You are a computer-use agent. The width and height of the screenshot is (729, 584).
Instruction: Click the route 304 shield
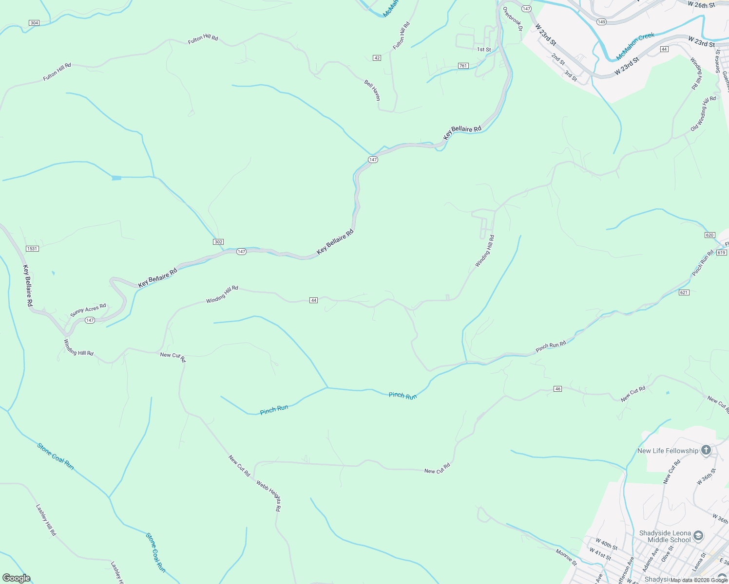pos(34,23)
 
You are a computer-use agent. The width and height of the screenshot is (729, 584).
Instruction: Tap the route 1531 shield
pos(32,249)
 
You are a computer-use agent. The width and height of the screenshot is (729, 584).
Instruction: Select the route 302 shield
pos(218,242)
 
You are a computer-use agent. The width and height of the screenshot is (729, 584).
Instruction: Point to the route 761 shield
pos(463,66)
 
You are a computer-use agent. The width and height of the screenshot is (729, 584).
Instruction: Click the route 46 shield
pos(558,389)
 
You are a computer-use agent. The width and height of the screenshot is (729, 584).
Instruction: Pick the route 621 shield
pos(684,292)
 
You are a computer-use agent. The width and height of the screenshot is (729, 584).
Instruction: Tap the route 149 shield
pos(601,22)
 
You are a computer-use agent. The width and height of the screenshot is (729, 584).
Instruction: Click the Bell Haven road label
pos(372,90)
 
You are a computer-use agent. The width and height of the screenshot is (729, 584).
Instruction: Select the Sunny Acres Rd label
pos(88,310)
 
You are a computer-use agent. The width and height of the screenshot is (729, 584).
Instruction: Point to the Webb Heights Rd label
pos(269,496)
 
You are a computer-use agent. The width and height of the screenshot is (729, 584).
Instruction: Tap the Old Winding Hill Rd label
pos(703,114)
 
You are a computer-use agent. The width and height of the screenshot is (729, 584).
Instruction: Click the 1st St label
pos(484,50)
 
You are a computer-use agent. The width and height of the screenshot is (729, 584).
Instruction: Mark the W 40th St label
pos(606,543)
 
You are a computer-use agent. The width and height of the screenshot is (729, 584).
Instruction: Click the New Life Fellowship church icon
pos(706,451)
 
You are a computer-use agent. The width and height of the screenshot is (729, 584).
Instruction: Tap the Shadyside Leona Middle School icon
pos(698,536)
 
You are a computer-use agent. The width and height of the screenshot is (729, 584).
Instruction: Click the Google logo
pos(17,578)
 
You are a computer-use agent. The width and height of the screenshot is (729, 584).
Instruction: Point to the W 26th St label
pos(701,5)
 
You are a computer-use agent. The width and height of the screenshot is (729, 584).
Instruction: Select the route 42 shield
pos(377,58)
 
